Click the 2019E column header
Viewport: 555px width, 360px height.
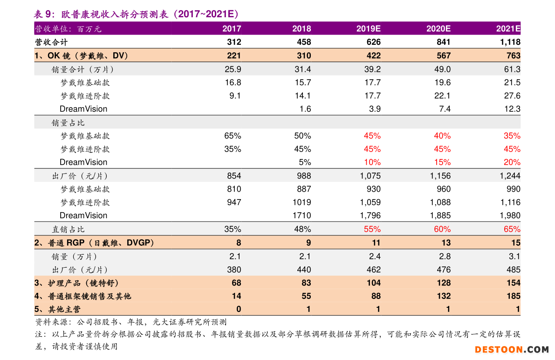tap(368, 28)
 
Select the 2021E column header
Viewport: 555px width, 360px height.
tap(508, 28)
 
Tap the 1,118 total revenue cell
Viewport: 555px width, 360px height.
tap(510, 42)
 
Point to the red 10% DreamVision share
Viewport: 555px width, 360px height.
tap(372, 162)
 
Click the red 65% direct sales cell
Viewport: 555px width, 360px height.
tap(512, 229)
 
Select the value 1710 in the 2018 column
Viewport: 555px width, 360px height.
tap(301, 215)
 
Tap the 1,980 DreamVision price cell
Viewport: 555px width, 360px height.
tap(510, 215)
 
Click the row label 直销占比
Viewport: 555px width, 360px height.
tap(68, 229)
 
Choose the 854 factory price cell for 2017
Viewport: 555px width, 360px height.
tap(234, 176)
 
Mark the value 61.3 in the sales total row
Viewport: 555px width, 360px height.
tap(512, 69)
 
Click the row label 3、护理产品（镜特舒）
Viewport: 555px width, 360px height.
tap(77, 283)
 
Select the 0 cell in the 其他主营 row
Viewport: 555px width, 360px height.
tap(239, 309)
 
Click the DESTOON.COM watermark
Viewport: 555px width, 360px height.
tap(512, 349)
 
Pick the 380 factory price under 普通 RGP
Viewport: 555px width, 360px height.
tap(234, 270)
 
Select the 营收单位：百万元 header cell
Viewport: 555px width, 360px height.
tap(68, 29)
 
